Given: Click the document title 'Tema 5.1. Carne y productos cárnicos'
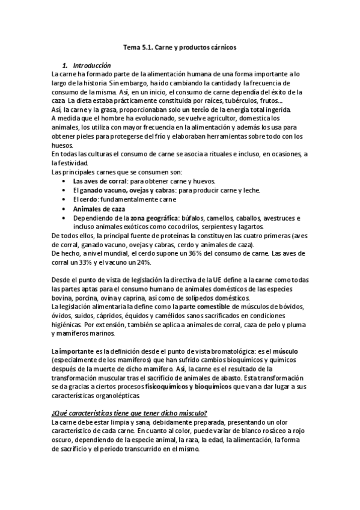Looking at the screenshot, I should (x=180, y=46).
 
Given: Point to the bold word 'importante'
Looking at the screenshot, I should (x=77, y=350).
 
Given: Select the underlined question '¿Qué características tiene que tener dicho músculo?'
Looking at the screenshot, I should (x=130, y=413).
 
